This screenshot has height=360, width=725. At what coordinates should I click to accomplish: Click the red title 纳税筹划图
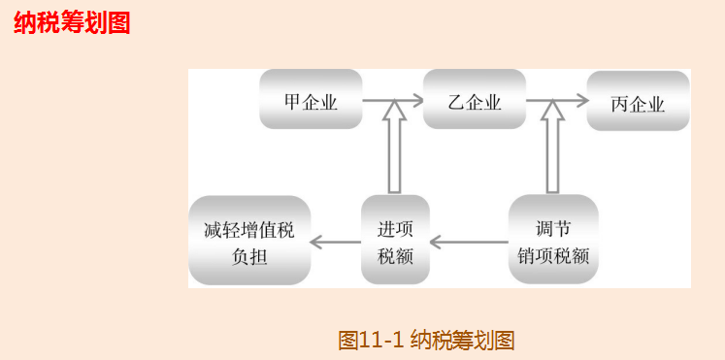[x=72, y=23]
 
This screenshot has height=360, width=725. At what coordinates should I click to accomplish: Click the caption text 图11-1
[x=371, y=341]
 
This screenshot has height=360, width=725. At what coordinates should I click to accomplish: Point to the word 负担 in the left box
[x=249, y=257]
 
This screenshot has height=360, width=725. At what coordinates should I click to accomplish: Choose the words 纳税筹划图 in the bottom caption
[x=462, y=341]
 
